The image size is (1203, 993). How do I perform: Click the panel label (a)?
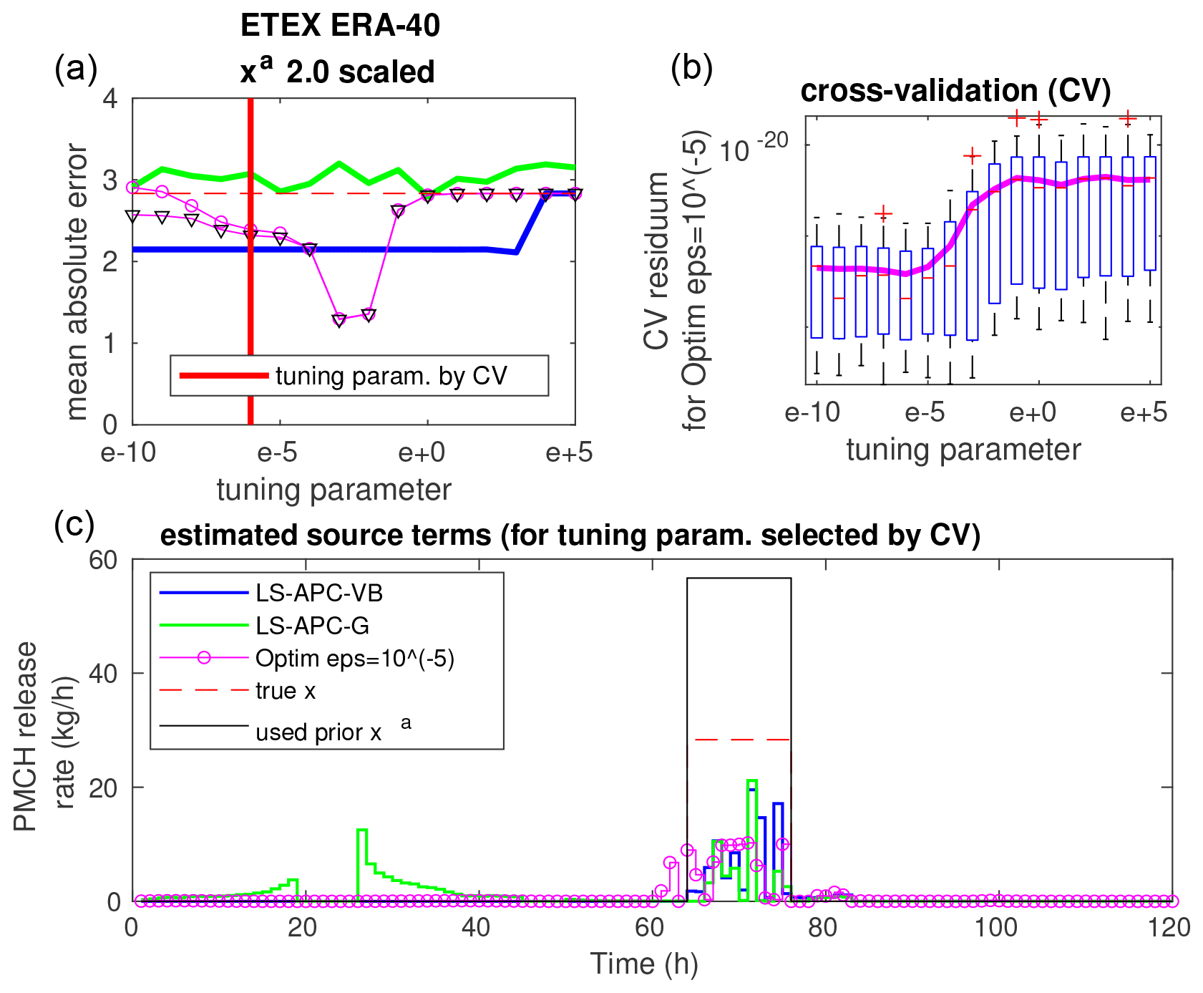coord(76,70)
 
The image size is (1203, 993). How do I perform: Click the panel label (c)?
coord(74,525)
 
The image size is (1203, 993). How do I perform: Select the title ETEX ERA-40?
coord(340,26)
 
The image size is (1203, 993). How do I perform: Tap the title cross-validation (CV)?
coord(955,91)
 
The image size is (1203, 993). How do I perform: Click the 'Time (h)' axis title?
coord(643,964)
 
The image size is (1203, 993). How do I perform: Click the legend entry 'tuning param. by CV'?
coord(391,376)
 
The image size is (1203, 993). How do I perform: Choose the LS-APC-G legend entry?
coord(313,626)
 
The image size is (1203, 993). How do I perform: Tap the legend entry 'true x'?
coord(286,691)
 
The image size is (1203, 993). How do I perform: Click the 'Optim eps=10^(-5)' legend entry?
coord(355,658)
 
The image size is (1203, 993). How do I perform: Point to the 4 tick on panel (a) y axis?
coord(111,99)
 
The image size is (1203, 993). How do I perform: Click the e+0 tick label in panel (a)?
coord(422,453)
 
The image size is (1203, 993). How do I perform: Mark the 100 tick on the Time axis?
coord(996,929)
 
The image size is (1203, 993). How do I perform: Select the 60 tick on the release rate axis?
coord(104,559)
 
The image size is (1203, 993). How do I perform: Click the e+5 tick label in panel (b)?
coord(1143,413)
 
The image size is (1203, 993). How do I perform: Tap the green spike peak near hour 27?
coord(362,830)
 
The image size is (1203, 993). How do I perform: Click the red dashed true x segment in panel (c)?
coord(741,739)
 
